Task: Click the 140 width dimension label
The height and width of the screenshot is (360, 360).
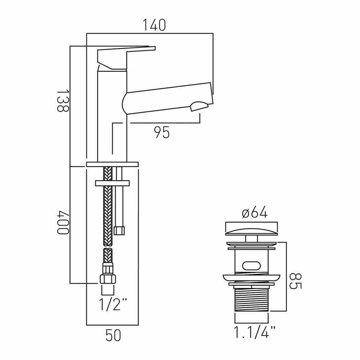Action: click(x=154, y=25)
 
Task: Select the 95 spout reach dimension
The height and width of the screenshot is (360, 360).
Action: click(x=162, y=133)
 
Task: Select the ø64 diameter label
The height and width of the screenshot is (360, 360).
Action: click(x=255, y=213)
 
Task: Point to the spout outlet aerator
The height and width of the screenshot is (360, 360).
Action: click(x=199, y=106)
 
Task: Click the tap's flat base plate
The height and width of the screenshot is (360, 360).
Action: click(x=112, y=164)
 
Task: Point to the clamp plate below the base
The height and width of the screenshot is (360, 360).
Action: click(x=112, y=183)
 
